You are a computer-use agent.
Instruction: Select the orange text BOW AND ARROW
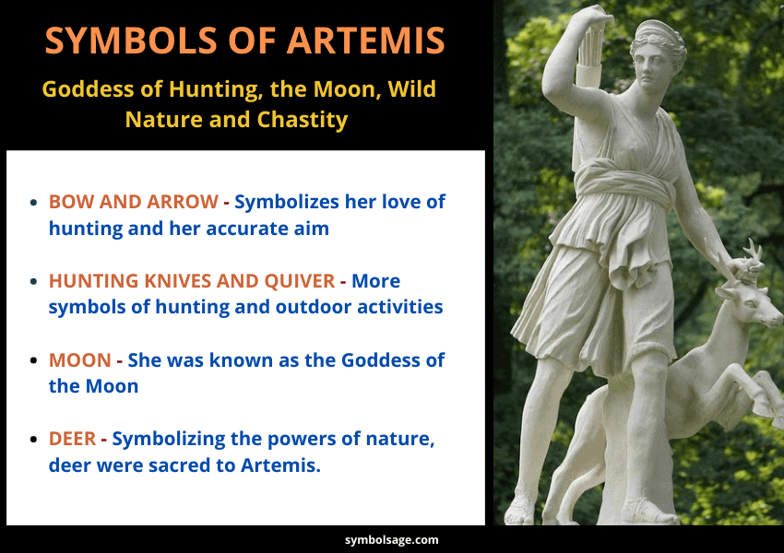[134, 201]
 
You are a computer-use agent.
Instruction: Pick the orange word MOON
[80, 359]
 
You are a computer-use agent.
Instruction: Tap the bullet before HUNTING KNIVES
[34, 281]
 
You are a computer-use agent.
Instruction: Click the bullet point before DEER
[34, 440]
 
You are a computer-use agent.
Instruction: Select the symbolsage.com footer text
[391, 540]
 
